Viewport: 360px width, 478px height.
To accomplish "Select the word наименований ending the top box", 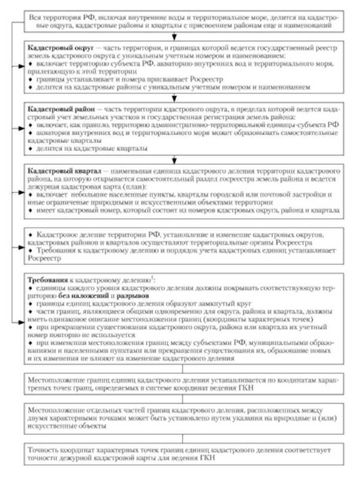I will (x=318, y=26).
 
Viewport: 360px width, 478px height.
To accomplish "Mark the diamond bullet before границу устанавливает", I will (x=30, y=78).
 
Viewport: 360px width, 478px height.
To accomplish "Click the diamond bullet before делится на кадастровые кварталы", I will (x=30, y=147).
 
